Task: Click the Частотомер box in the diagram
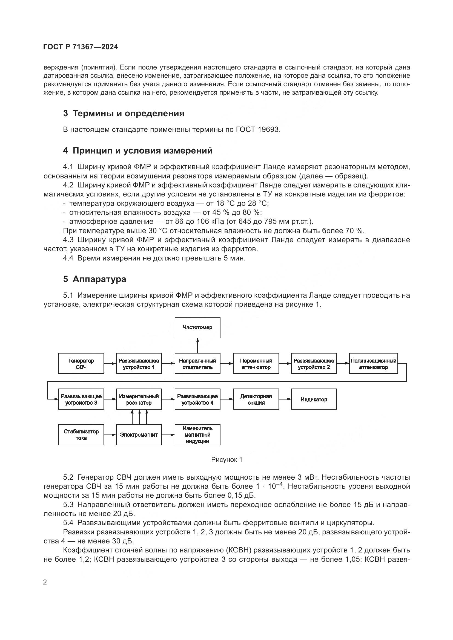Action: [x=197, y=328]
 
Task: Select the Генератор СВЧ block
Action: [x=81, y=363]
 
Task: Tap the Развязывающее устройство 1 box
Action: [x=139, y=363]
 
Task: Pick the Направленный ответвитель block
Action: [x=197, y=363]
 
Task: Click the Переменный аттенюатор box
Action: [x=256, y=363]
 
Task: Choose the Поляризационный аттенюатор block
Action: [x=373, y=363]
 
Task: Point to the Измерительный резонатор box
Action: [x=139, y=399]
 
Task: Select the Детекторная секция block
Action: [x=256, y=399]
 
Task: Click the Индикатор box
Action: [x=314, y=399]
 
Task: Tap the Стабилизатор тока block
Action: [x=81, y=435]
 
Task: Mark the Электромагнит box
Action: [x=139, y=435]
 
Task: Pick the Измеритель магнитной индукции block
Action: [x=197, y=435]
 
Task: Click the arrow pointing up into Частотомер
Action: [x=197, y=346]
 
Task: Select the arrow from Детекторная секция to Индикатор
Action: [x=285, y=399]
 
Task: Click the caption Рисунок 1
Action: [x=226, y=460]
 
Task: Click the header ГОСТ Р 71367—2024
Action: [x=81, y=47]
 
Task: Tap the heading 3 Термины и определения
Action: [x=124, y=114]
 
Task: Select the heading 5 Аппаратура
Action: [x=94, y=279]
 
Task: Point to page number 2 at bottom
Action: [x=45, y=582]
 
